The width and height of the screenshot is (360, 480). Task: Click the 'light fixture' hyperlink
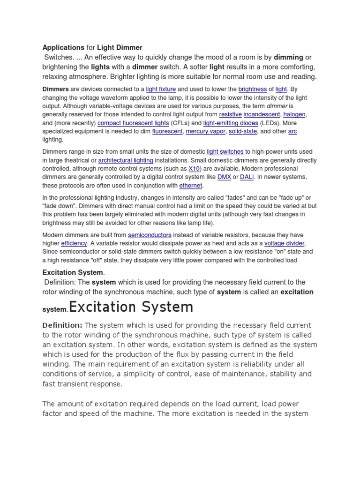(161, 89)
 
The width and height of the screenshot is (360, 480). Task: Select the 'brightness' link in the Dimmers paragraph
(253, 89)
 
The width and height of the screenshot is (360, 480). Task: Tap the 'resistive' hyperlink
(231, 114)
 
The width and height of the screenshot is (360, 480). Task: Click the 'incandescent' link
(262, 114)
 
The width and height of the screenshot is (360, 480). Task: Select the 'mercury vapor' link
(205, 131)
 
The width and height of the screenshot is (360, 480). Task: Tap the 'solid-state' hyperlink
(242, 131)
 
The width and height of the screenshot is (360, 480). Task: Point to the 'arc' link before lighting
(292, 131)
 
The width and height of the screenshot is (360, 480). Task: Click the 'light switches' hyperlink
(225, 152)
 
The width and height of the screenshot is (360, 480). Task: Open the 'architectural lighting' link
(122, 160)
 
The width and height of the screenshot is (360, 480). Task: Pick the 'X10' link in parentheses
(194, 169)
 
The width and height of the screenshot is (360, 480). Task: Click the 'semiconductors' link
(150, 235)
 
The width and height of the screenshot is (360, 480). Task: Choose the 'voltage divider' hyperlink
(284, 243)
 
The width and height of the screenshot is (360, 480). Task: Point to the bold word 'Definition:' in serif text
(62, 325)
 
